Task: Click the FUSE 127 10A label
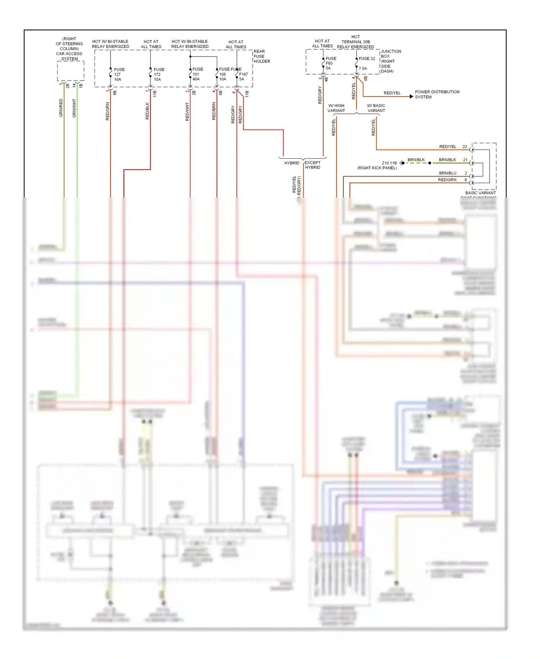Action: click(119, 74)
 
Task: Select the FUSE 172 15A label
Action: click(158, 74)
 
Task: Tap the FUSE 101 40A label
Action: click(197, 74)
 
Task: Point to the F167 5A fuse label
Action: click(243, 76)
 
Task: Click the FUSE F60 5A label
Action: click(330, 63)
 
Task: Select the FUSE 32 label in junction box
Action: click(366, 58)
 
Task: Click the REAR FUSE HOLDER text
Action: click(262, 56)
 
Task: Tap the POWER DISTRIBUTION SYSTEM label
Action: click(437, 94)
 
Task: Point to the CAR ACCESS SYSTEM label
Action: click(69, 56)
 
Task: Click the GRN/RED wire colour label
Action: click(61, 108)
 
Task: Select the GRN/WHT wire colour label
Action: click(74, 108)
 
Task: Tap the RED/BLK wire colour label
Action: click(147, 111)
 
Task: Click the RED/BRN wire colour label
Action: click(214, 111)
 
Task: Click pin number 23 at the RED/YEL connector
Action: click(464, 147)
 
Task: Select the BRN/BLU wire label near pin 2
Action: click(447, 173)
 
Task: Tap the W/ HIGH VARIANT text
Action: click(336, 108)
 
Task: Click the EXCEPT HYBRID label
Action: click(312, 165)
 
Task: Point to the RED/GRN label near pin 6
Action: click(447, 180)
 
